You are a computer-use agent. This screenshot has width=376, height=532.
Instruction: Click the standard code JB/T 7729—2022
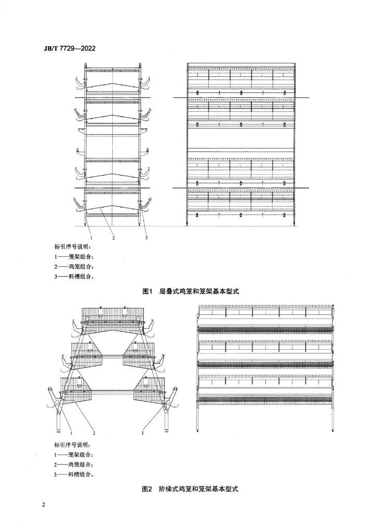click(x=69, y=48)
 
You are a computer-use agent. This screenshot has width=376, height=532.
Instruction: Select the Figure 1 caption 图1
click(x=149, y=291)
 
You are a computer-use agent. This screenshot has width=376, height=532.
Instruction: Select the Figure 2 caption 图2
click(x=148, y=489)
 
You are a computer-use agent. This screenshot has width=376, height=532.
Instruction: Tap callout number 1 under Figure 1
click(x=91, y=238)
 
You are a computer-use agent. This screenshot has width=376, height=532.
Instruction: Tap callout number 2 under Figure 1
click(x=114, y=238)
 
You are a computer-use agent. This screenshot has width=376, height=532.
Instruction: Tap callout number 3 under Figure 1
click(x=146, y=238)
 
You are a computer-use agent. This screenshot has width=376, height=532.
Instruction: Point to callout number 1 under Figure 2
click(x=72, y=433)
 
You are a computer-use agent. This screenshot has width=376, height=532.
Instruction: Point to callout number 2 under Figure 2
click(x=94, y=433)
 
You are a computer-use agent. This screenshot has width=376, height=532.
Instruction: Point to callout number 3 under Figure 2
click(x=142, y=433)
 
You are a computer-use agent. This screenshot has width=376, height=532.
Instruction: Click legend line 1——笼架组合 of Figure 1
click(x=74, y=257)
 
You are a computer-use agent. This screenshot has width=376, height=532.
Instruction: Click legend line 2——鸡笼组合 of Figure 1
click(x=74, y=267)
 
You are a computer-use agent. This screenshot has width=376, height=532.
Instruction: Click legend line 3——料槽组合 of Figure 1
click(x=74, y=276)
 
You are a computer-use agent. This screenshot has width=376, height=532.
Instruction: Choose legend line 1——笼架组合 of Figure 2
click(x=74, y=455)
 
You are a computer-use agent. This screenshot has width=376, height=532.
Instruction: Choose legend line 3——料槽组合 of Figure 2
click(x=74, y=474)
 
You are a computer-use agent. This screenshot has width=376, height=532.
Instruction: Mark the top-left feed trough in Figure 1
click(x=79, y=84)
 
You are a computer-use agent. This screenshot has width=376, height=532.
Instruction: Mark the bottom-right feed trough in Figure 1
click(x=146, y=205)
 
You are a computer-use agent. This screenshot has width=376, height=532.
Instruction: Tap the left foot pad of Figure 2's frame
click(x=58, y=432)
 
